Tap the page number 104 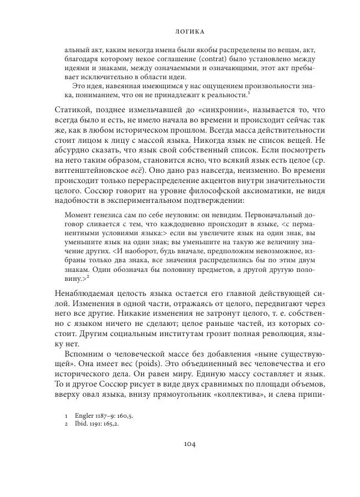click(x=180, y=445)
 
